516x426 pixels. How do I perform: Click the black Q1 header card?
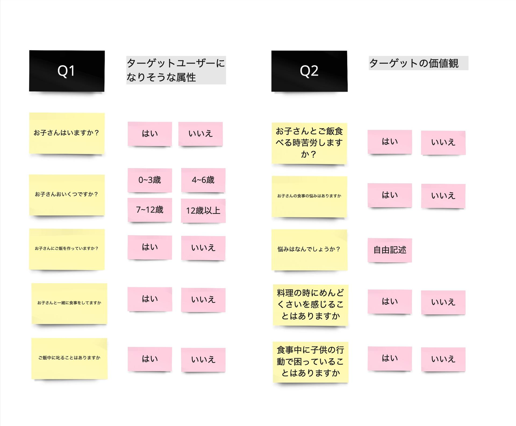67,71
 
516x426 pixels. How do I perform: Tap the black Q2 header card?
309,71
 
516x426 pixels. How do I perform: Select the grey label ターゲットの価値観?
418,63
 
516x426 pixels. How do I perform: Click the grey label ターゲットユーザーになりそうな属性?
176,70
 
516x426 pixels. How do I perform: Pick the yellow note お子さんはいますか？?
67,133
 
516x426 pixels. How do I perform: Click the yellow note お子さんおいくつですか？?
67,195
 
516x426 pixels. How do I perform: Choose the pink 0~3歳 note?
150,180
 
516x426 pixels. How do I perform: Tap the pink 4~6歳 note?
203,180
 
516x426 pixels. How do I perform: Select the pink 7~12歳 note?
150,210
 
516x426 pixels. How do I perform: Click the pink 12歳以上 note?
203,211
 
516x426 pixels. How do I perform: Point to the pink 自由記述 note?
390,250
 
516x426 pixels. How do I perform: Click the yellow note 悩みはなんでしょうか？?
309,250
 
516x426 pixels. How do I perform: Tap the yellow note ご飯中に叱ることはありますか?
69,358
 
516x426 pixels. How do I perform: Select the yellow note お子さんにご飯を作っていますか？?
67,249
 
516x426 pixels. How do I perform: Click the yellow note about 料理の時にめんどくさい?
310,305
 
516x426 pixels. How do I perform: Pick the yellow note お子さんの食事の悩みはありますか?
309,196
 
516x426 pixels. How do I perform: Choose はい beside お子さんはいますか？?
150,134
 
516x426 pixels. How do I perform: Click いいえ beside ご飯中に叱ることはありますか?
203,360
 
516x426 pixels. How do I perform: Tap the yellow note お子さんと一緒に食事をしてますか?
69,303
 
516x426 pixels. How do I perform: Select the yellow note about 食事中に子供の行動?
310,362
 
